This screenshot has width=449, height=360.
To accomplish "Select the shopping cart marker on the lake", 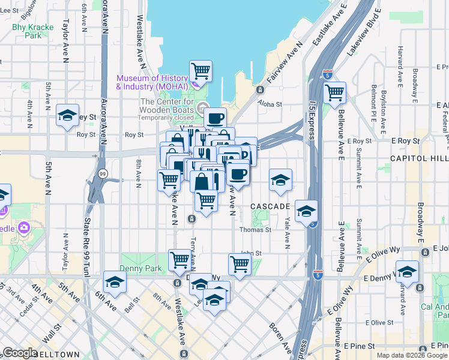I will [200, 71].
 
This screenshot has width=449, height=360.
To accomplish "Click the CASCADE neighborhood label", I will [270, 206].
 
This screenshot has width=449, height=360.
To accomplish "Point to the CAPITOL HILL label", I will [419, 158].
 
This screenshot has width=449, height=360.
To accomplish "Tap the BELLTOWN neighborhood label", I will [56, 355].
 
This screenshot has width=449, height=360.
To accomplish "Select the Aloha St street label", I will [270, 104].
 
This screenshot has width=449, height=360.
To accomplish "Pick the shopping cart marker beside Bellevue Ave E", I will [334, 92].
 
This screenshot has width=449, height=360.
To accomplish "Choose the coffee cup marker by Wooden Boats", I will [215, 118].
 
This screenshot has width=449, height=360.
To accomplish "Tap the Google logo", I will [20, 352].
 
